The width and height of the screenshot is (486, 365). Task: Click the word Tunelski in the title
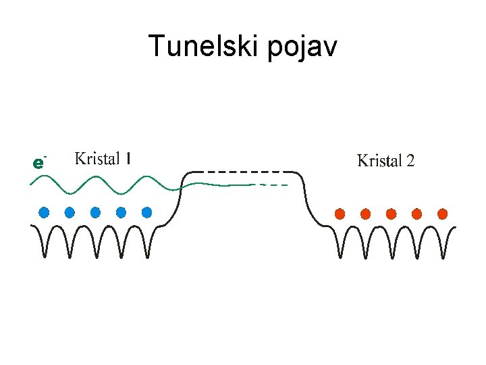click(x=196, y=47)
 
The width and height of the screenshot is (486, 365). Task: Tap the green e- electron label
click(x=39, y=163)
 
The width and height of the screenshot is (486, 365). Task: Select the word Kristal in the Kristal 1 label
click(x=97, y=159)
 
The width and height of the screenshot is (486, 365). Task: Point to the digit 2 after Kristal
click(x=410, y=161)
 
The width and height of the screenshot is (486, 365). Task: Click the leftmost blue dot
click(x=44, y=212)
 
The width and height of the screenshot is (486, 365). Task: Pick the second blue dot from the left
click(x=70, y=212)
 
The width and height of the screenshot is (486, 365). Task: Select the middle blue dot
click(x=95, y=212)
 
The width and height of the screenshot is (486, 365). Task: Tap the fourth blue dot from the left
click(x=122, y=212)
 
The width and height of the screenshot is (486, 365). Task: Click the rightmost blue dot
click(x=147, y=212)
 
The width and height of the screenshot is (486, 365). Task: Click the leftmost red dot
click(x=340, y=214)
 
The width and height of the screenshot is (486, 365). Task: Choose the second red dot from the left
click(x=365, y=214)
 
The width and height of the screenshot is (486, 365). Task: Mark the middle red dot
click(x=391, y=214)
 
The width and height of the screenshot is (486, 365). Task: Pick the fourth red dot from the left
click(x=416, y=214)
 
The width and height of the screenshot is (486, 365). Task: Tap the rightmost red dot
click(x=443, y=214)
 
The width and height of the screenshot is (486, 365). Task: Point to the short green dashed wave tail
click(x=273, y=185)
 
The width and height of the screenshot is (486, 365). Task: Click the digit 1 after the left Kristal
click(x=128, y=159)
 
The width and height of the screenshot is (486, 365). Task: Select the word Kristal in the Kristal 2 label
click(x=380, y=161)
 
